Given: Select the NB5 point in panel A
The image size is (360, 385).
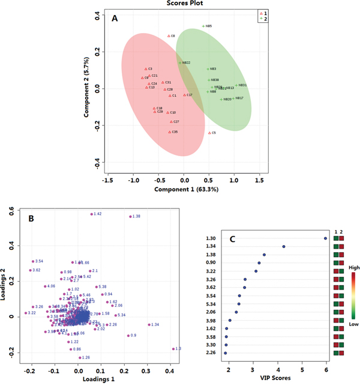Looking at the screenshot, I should (x=203, y=26).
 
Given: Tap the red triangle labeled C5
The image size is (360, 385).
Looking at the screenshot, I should (x=209, y=133).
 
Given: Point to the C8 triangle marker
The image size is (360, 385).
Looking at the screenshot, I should (x=169, y=36).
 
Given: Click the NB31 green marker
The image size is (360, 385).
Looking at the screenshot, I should (x=236, y=85).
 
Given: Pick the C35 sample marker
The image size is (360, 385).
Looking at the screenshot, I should (x=170, y=132).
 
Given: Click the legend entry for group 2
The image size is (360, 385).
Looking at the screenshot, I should (x=260, y=19).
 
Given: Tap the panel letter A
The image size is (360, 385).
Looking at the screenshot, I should (x=114, y=19).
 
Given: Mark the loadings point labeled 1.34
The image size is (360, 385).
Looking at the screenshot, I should (x=148, y=325).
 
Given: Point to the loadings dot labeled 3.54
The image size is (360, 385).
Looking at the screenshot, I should (x=33, y=261).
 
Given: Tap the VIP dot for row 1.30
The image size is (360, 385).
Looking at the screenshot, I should (x=326, y=238).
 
